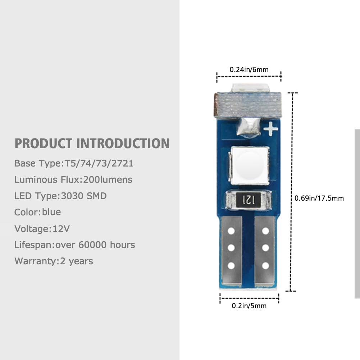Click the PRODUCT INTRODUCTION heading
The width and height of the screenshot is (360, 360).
[x=92, y=143]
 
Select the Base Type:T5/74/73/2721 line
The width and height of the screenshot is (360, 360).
[x=74, y=164]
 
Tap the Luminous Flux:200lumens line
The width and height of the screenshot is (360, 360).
[x=73, y=179]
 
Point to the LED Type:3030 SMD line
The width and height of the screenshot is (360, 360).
[x=60, y=196]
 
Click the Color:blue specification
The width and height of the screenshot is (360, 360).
[x=38, y=212]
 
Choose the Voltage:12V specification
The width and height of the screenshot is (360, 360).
[x=42, y=229]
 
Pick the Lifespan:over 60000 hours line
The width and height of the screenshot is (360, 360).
[x=74, y=245]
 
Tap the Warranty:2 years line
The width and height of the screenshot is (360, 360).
[x=54, y=261]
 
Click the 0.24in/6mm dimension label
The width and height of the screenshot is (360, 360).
[x=249, y=69]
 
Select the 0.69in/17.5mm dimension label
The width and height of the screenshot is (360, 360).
[x=319, y=198]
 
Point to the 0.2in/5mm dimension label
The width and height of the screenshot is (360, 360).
[x=249, y=306]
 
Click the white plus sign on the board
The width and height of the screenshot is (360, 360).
[x=271, y=129]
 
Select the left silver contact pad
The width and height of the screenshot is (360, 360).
[x=232, y=251]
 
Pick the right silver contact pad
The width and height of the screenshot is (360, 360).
[x=265, y=251]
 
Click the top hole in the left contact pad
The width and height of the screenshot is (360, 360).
[x=231, y=231]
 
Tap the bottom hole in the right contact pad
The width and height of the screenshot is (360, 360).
[x=265, y=266]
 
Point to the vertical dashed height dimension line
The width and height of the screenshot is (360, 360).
[x=292, y=192]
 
